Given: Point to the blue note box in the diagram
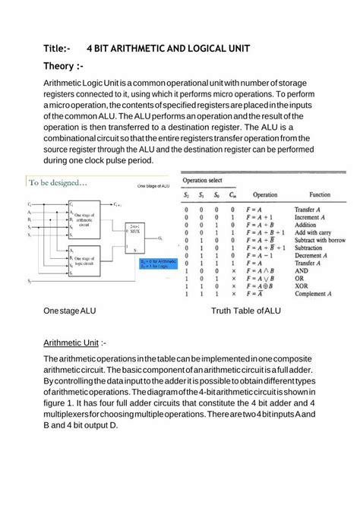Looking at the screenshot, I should [156, 264].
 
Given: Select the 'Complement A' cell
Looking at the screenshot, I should [314, 293].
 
